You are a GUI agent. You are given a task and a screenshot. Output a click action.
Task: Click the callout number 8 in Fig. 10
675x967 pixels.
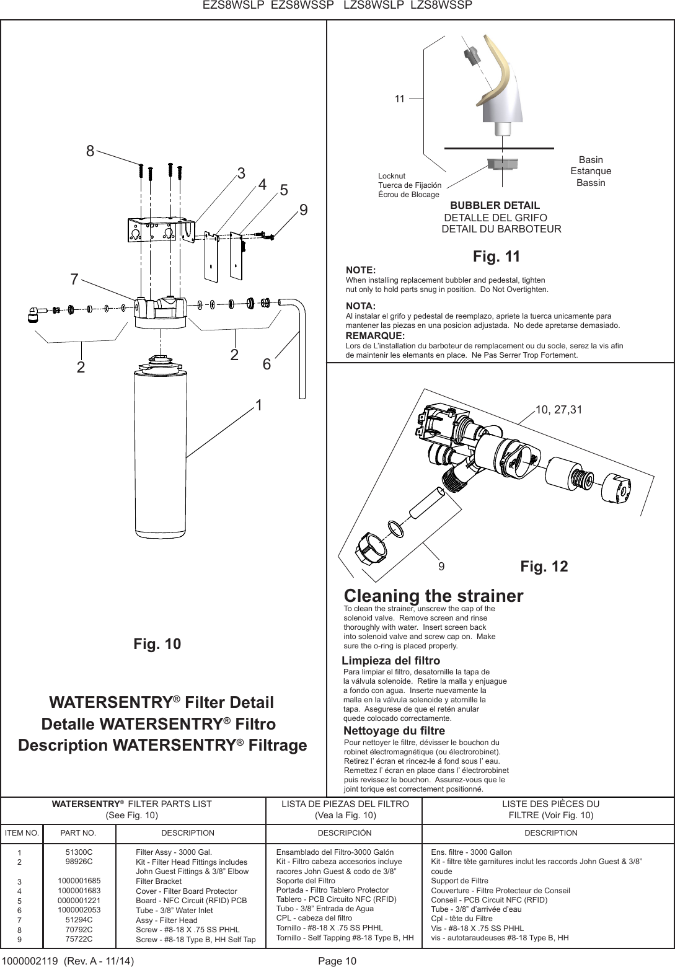(90, 151)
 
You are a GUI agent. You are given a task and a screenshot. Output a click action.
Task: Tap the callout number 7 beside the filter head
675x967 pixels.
(74, 280)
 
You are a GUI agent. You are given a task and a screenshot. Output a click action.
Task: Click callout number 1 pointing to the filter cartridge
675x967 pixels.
(258, 406)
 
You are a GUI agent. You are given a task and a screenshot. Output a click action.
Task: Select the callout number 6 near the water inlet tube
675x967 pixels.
(267, 364)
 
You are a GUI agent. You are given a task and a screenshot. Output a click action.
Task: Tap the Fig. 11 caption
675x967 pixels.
(496, 256)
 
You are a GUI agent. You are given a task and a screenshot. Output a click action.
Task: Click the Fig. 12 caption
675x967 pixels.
(544, 566)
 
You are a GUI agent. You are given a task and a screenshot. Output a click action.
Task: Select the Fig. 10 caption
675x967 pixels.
(157, 644)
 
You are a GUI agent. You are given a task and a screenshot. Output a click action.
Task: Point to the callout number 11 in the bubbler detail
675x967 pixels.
(399, 99)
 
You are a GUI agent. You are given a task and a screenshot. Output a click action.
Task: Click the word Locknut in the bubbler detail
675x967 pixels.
(391, 176)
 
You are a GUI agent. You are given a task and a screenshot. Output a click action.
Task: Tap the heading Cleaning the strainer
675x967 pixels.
(433, 596)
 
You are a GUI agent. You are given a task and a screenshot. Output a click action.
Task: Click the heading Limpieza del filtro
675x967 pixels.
(391, 660)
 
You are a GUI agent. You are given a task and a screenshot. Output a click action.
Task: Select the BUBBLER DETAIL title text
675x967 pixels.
(495, 205)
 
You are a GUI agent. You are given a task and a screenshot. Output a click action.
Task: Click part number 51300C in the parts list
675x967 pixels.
(79, 852)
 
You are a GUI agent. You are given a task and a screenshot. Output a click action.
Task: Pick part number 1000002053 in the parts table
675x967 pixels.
(79, 909)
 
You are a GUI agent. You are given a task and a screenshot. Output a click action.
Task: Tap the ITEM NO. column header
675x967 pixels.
(22, 833)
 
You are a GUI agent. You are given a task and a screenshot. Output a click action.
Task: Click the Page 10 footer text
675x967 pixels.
(337, 961)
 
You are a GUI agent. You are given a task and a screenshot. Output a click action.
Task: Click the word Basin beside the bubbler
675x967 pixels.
(590, 160)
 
